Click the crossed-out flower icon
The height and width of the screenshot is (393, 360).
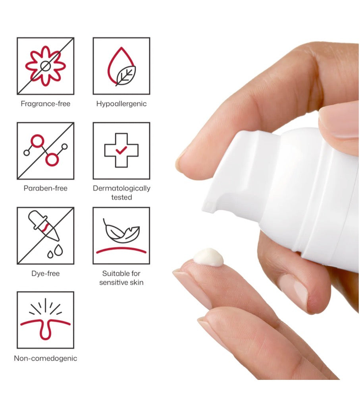pyautogui.click(x=45, y=66)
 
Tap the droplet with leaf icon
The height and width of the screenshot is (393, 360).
pyautogui.click(x=121, y=66)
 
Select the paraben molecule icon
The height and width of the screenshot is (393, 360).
pyautogui.click(x=45, y=151)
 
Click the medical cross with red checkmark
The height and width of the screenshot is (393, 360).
pyautogui.click(x=121, y=150)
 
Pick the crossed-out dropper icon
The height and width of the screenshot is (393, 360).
pyautogui.click(x=45, y=236)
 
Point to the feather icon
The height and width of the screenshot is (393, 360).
pyautogui.click(x=121, y=231)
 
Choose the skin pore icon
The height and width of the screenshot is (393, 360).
pyautogui.click(x=45, y=319)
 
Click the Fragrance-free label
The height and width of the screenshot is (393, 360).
pyautogui.click(x=45, y=104)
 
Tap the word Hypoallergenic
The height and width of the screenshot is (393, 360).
pyautogui.click(x=121, y=104)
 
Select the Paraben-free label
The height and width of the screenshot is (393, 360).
pyautogui.click(x=45, y=188)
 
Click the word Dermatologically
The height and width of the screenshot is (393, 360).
pyautogui.click(x=121, y=188)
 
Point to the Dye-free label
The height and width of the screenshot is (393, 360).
pyautogui.click(x=45, y=273)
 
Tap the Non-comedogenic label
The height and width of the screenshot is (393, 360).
pyautogui.click(x=45, y=358)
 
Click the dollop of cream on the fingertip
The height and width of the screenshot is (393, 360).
pyautogui.click(x=208, y=257)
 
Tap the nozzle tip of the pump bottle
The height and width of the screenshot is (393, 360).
pyautogui.click(x=208, y=206)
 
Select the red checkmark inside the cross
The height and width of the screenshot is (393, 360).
pyautogui.click(x=121, y=150)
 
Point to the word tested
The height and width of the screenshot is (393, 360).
pyautogui.click(x=121, y=197)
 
